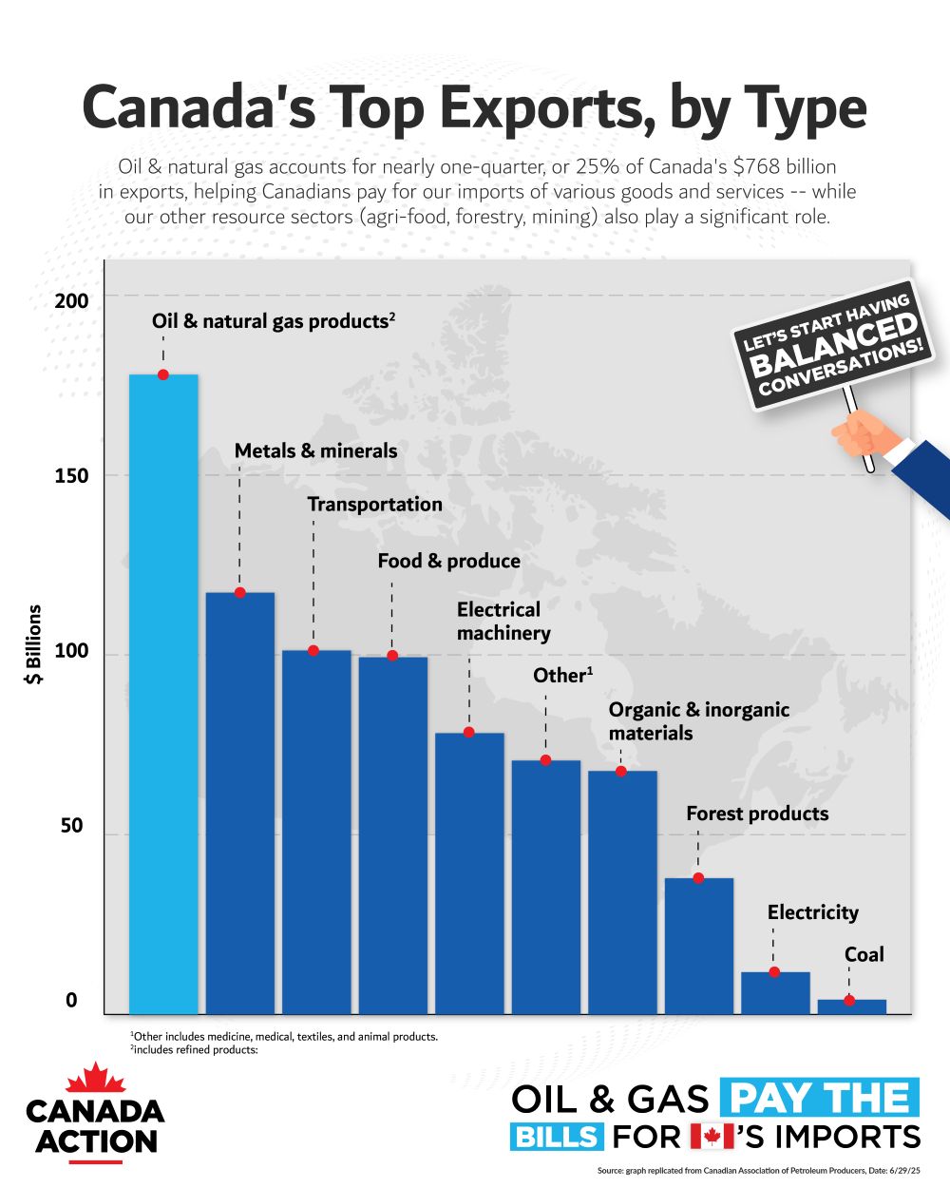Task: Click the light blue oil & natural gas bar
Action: [163, 694]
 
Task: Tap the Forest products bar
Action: [699, 946]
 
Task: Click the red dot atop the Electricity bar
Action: [774, 971]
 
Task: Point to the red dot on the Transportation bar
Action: [313, 651]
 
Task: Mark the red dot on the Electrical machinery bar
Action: [468, 732]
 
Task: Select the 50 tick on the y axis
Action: [72, 826]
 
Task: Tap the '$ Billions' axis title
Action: [35, 644]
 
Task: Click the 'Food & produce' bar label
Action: [448, 561]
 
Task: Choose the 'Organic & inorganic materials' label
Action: [698, 721]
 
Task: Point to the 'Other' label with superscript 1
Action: [561, 675]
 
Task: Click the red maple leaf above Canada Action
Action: [95, 1080]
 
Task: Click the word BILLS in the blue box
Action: [557, 1137]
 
